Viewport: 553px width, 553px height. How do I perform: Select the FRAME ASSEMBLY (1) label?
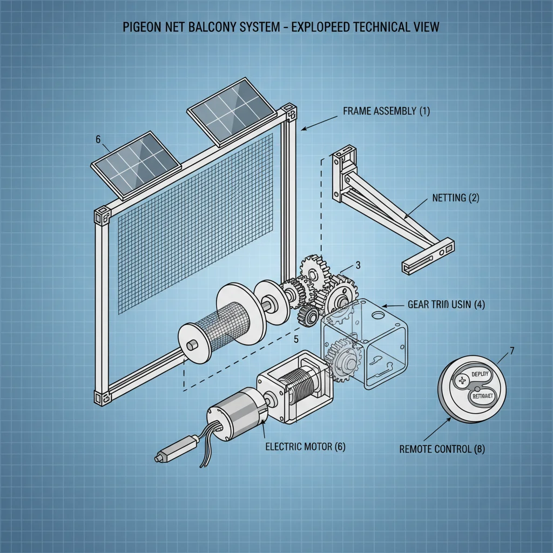pos(386,111)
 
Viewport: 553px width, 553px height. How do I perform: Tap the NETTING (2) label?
pos(455,198)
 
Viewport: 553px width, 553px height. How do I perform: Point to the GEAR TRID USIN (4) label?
pos(446,305)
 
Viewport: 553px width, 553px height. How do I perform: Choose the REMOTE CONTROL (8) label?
pos(441,449)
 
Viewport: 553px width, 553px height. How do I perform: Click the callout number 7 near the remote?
pos(511,350)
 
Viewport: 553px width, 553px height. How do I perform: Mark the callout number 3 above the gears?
pos(358,265)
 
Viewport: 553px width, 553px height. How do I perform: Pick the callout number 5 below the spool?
pos(295,340)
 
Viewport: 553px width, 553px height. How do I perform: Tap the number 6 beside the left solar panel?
pos(98,139)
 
